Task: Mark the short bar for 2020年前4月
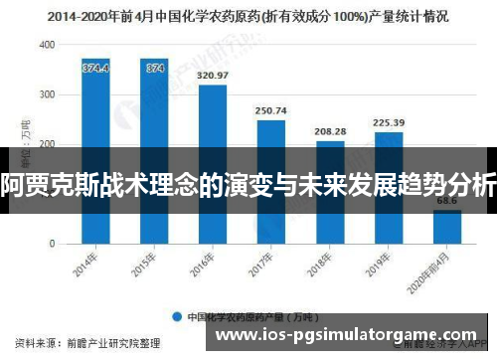point(447,226)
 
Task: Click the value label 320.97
point(213,76)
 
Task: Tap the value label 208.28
point(330,131)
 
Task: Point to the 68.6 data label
point(447,201)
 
